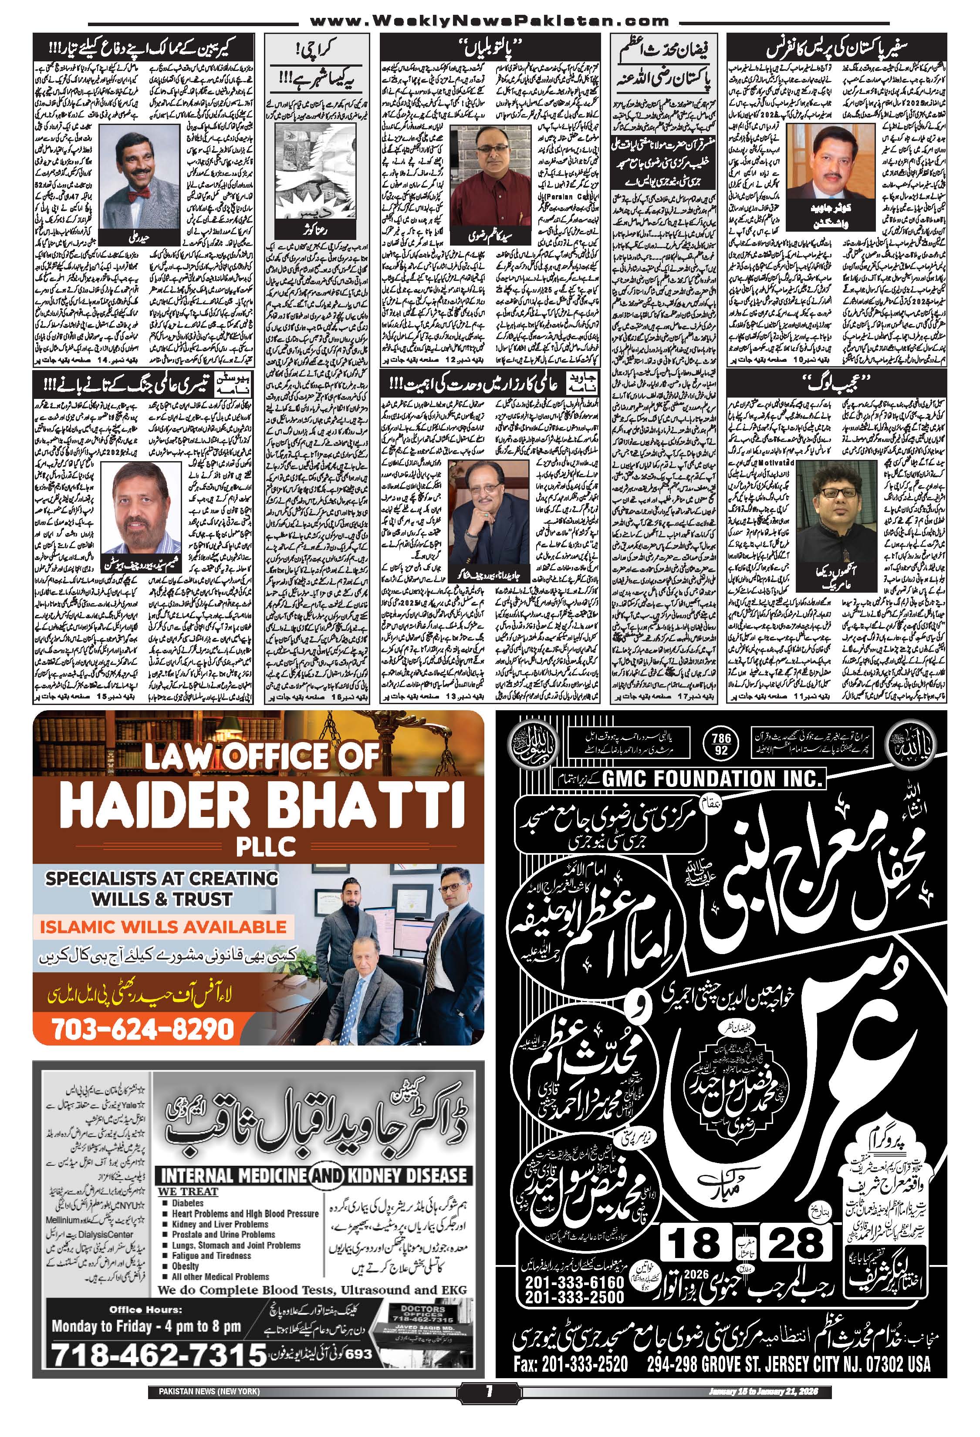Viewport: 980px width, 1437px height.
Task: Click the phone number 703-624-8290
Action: click(143, 1028)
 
